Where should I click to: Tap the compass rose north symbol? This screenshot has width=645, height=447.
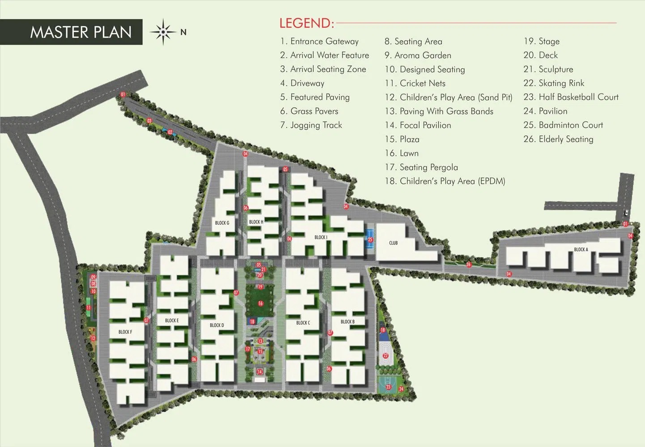163,32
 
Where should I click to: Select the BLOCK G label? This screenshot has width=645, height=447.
222,223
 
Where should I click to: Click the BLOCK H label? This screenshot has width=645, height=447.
256,222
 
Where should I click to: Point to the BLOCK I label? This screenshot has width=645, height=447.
321,237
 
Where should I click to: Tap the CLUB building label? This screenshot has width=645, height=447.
393,243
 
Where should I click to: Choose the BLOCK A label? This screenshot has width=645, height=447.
581,249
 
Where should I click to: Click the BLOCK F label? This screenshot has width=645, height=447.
125,332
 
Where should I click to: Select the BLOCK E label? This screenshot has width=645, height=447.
172,320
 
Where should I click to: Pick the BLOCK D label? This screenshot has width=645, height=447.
217,325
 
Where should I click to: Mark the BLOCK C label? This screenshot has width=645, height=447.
303,323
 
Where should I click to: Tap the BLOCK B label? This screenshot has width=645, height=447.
348,321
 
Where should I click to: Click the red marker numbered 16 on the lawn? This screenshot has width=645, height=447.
260,304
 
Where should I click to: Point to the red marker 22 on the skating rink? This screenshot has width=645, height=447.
386,356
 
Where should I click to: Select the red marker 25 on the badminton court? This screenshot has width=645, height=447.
370,240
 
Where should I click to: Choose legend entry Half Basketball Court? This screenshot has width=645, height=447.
571,97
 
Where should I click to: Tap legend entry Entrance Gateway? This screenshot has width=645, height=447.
319,41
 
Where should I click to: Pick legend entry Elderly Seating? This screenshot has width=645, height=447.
558,139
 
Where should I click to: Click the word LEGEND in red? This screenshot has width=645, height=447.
306,23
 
